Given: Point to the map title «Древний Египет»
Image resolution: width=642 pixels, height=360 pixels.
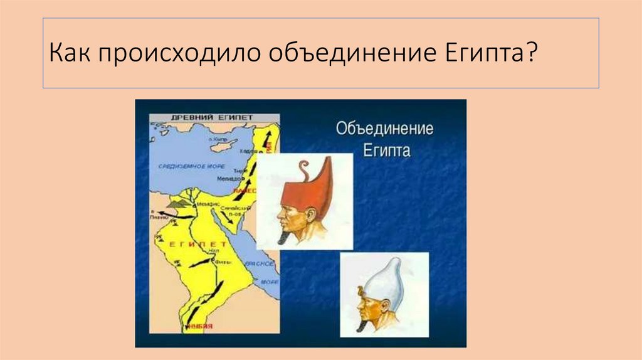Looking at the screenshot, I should tap(213, 117).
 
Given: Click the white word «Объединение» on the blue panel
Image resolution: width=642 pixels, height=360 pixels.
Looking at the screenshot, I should tap(384, 129).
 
